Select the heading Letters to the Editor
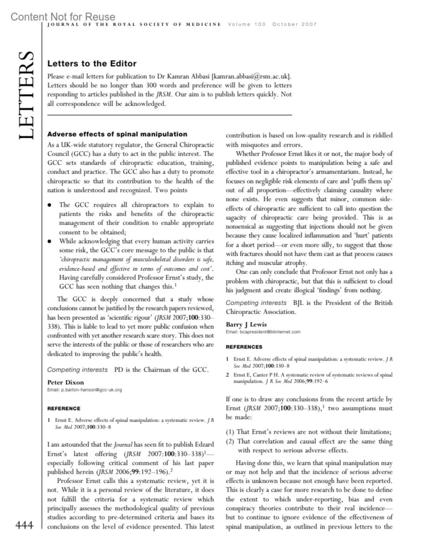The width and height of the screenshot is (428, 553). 92,63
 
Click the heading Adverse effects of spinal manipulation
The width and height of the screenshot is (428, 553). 117,134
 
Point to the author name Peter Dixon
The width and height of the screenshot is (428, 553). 66,382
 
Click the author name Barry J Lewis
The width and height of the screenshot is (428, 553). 246,324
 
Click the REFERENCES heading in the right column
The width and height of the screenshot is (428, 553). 244,347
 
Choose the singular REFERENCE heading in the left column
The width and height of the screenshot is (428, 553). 64,408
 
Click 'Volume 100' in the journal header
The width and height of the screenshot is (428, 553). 247,24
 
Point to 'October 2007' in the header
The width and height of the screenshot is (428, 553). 294,24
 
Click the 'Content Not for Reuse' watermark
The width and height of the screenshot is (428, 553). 63,16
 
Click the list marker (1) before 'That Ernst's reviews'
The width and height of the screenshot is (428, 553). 230,432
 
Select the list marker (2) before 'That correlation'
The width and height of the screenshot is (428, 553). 230,441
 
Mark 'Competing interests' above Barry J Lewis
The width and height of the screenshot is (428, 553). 256,303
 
